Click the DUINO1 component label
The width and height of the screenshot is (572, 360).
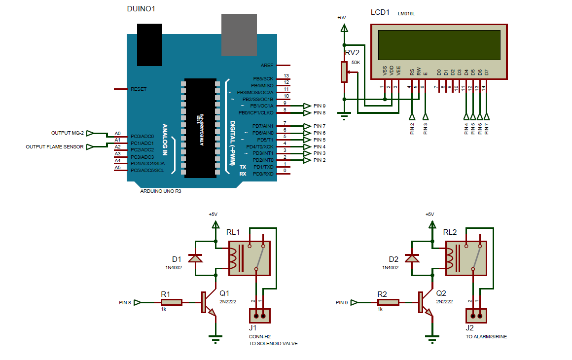pyautogui.click(x=142, y=9)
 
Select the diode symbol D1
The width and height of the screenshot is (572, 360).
pyautogui.click(x=196, y=258)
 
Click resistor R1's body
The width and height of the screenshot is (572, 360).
pyautogui.click(x=171, y=302)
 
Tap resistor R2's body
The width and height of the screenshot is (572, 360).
pyautogui.click(x=388, y=302)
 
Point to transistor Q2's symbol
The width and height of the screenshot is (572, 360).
pyautogui.click(x=425, y=302)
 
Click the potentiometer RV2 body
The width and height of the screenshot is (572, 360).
pyautogui.click(x=343, y=72)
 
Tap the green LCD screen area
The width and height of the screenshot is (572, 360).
pyautogui.click(x=439, y=43)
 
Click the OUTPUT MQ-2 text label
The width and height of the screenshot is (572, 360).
pyautogui.click(x=68, y=133)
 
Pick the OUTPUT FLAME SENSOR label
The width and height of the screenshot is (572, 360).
pyautogui.click(x=55, y=146)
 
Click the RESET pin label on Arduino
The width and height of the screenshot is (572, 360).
pyautogui.click(x=139, y=89)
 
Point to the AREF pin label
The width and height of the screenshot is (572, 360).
pyautogui.click(x=267, y=65)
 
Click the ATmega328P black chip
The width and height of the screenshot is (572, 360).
pyautogui.click(x=200, y=127)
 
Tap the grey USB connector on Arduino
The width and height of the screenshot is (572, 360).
pyautogui.click(x=239, y=35)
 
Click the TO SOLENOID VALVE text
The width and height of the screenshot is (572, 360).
pyautogui.click(x=273, y=343)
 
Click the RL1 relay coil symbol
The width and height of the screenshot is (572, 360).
pyautogui.click(x=235, y=258)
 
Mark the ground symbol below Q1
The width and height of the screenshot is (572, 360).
pyautogui.click(x=215, y=338)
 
